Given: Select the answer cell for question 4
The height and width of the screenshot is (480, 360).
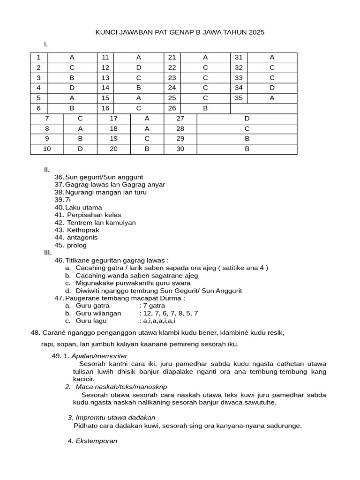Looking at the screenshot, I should point(72,88).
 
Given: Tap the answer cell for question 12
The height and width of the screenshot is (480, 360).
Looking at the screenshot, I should point(139,67).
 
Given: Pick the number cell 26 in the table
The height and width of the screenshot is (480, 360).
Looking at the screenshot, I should point(172,108).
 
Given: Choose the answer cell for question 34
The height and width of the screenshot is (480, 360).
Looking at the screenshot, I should point(272,88).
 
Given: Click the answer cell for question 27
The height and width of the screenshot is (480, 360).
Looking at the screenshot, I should point(247,119).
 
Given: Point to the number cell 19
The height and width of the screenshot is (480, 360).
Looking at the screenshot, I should point(114,139).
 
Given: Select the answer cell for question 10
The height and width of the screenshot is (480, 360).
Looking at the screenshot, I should point(80,149).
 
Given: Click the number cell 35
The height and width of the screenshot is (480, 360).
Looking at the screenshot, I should point(239,98).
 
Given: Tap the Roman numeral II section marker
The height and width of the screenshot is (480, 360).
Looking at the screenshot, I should point(47,170).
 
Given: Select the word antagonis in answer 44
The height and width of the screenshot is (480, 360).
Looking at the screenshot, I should point(82,238).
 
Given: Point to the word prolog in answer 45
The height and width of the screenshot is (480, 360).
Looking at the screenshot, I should point(77,245).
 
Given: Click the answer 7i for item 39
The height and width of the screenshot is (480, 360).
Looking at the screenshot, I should point(68,200).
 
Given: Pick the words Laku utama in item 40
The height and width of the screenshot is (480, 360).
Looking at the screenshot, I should point(83,207).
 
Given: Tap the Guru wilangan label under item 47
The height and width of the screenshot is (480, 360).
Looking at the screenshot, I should point(98,313).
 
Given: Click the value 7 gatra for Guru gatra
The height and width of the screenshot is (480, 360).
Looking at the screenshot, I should point(154,306).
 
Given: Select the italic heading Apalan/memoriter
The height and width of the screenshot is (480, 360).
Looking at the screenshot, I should point(99,356).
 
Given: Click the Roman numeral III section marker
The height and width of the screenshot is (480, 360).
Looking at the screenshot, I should point(48,253).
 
